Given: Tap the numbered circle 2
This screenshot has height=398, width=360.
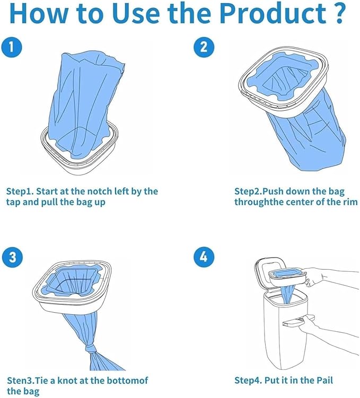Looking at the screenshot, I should pos(203,48).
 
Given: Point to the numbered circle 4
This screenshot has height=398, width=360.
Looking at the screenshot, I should pos(203,258).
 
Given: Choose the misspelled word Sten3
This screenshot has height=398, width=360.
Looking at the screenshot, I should pos(19,380).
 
